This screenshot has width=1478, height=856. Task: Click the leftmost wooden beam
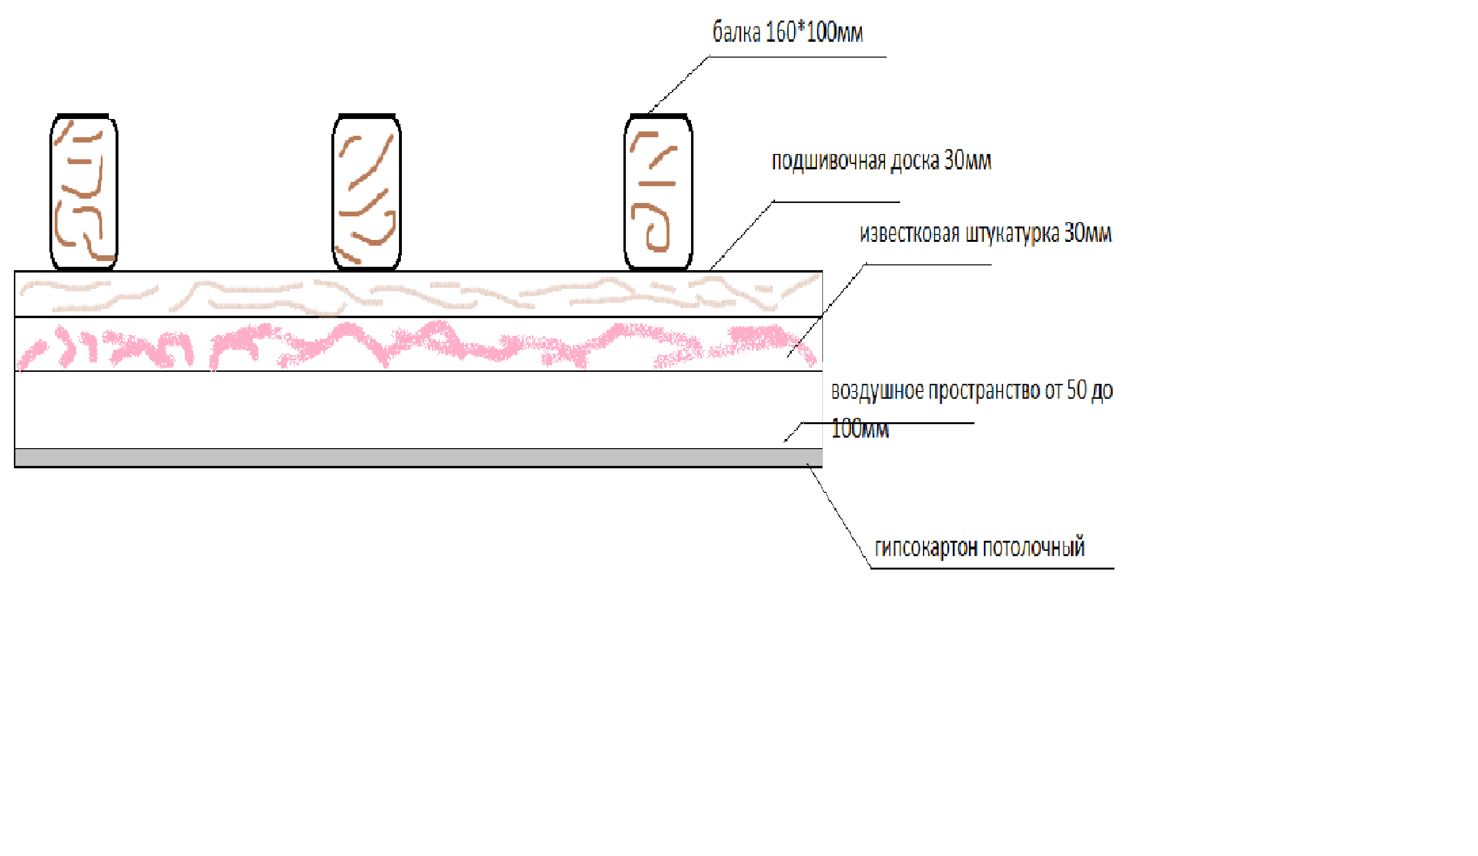[x=84, y=192]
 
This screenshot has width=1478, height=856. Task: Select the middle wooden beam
[x=366, y=192]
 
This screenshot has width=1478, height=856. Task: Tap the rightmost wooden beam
[x=658, y=192]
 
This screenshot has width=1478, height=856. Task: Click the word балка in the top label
[x=736, y=32]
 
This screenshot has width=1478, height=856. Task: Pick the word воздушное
[x=878, y=391]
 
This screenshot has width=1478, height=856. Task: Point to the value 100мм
[x=860, y=428]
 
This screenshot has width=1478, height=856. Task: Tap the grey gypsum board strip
[x=418, y=458]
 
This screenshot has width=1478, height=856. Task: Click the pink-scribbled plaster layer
[x=418, y=344]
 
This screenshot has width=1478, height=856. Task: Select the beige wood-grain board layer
[x=418, y=294]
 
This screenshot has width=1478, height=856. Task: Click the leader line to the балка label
[x=679, y=84]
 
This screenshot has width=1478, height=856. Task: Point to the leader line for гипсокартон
[x=839, y=516]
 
